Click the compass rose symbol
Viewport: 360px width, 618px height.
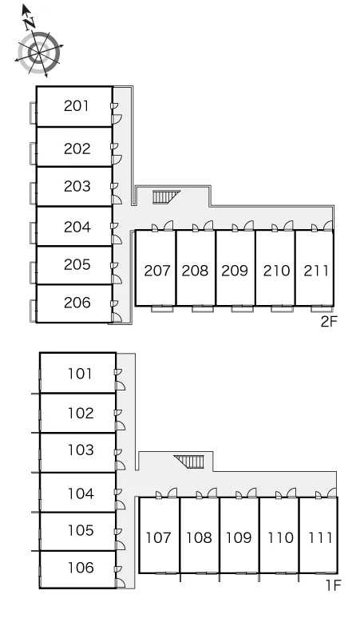(39, 51)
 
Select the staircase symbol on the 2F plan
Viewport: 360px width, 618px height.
(166, 196)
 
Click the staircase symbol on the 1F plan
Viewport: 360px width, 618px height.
(189, 462)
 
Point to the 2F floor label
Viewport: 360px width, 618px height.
(329, 322)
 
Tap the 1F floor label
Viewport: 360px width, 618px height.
(333, 585)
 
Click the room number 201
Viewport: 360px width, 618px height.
(77, 105)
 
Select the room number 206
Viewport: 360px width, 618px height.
(77, 303)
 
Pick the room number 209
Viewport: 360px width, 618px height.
(235, 271)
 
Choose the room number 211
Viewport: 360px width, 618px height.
(316, 271)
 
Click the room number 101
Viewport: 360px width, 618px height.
(80, 373)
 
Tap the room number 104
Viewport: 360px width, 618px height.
(81, 493)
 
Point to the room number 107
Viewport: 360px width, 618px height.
(158, 537)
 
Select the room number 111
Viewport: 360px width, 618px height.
(320, 537)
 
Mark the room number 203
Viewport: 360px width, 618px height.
(77, 186)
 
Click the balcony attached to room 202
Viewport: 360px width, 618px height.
(33, 153)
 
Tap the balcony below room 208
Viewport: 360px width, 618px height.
(203, 309)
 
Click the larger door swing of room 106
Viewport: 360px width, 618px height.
(120, 583)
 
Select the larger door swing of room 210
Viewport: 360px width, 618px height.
(288, 226)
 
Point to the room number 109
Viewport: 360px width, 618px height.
(239, 537)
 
